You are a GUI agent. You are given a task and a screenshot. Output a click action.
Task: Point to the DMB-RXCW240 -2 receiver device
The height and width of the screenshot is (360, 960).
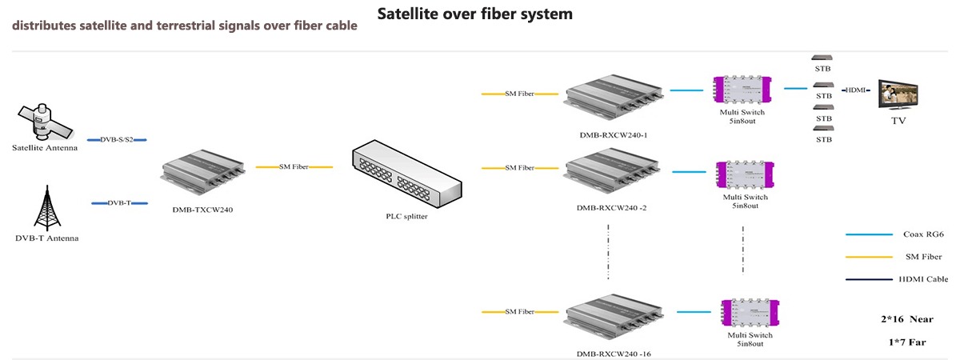[x=611, y=176]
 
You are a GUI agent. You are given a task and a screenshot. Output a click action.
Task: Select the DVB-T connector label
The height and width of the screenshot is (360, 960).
[x=119, y=203]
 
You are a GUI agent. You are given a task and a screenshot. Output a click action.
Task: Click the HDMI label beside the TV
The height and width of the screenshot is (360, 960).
[x=857, y=90]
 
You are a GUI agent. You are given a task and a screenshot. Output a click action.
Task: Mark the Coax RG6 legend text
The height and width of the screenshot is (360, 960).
[x=925, y=234]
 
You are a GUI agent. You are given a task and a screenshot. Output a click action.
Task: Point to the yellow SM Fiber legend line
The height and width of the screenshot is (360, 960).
[x=869, y=257]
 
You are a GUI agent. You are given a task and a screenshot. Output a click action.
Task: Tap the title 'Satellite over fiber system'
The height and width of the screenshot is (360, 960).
[x=474, y=14]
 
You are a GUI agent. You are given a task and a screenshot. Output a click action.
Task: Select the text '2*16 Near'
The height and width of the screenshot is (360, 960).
[x=906, y=319]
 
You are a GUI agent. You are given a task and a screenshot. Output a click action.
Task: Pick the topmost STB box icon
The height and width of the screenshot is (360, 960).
[x=822, y=58]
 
